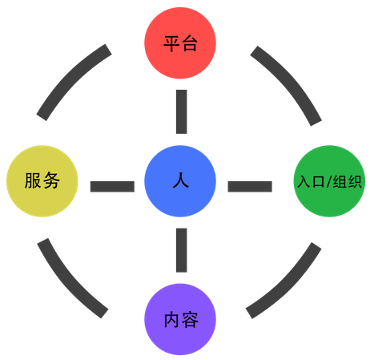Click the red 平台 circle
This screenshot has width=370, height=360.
(x=180, y=43)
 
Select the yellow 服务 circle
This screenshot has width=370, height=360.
(x=42, y=181)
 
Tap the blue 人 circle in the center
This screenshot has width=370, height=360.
(x=180, y=181)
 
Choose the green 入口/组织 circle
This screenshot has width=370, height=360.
(x=329, y=181)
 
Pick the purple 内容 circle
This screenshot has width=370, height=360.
(x=180, y=319)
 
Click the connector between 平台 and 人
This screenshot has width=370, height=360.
(x=182, y=111)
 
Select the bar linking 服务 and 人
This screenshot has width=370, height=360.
(x=112, y=187)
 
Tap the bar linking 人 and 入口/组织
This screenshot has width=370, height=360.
(x=250, y=187)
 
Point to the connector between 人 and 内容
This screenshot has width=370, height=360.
(x=182, y=250)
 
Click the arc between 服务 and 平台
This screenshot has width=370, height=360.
(x=70, y=78)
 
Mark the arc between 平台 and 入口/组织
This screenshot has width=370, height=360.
(x=291, y=80)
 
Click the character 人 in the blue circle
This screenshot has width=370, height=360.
(x=181, y=180)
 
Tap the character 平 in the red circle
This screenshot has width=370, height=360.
(x=171, y=43)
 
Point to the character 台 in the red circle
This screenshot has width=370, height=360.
(x=190, y=43)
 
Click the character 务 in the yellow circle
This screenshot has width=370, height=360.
(x=51, y=180)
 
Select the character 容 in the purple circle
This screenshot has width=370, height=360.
(x=190, y=320)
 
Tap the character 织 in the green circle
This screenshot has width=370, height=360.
(x=354, y=182)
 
